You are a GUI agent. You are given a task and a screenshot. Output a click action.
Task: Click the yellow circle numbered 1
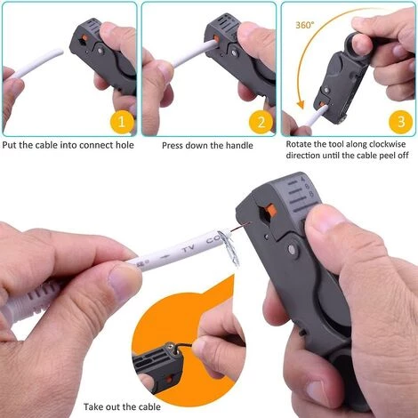pos(122,122)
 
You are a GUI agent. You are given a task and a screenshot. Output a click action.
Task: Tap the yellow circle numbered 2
pos(261,122)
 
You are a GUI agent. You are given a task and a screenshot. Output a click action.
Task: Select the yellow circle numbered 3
pos(400,122)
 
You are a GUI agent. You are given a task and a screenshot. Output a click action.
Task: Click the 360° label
pos(304,25)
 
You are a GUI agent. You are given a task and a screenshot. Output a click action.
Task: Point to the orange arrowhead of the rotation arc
pos(301,104)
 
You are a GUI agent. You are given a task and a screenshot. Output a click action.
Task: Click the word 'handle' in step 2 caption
pos(239,146)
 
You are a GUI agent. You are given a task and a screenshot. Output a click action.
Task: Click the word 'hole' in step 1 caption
pos(125,145)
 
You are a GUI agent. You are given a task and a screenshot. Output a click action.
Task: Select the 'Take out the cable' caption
pos(122,406)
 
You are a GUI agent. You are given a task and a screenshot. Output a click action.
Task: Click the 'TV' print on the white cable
pos(188,249)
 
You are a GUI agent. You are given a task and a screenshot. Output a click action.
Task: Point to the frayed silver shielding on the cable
pos(229,246)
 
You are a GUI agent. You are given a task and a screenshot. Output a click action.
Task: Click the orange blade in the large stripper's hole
pos(271,210)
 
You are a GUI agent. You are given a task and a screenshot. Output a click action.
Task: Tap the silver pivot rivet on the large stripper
pos(293,250)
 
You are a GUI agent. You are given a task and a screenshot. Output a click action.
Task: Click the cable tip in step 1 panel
pos(60,52)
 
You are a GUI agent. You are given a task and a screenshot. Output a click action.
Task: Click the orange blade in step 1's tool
pos(84,37)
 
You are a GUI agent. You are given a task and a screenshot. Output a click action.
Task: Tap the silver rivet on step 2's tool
pos(235,53)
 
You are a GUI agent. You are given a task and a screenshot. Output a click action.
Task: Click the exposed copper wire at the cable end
pos(241,226)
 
